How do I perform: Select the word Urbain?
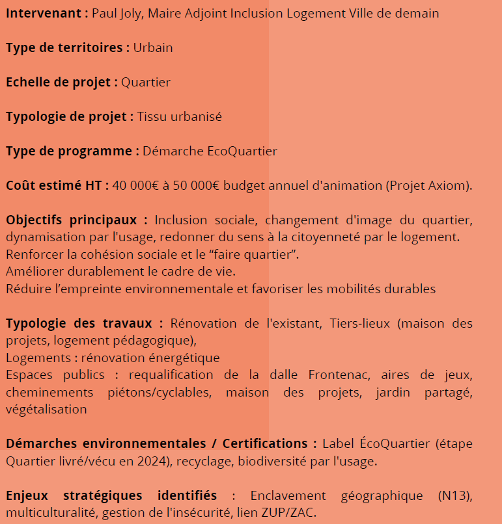153,47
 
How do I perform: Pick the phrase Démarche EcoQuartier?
210,151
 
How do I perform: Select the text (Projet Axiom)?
429,185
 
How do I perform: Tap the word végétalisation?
46,409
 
